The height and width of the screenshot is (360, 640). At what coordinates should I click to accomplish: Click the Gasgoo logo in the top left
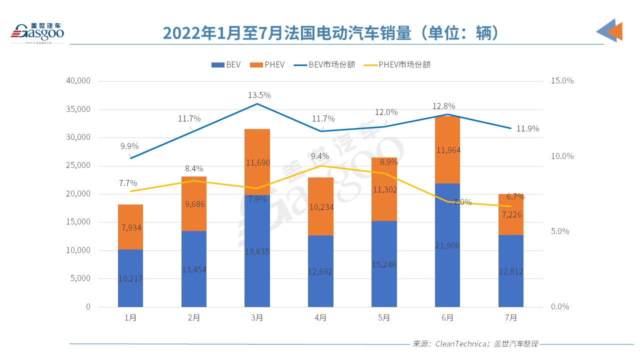(37, 32)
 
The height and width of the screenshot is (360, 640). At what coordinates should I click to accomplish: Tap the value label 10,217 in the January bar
(130, 278)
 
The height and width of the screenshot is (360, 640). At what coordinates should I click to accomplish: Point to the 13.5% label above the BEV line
(259, 95)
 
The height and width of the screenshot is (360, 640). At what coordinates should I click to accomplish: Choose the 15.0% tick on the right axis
(562, 81)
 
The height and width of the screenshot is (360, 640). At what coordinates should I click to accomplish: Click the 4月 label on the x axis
(320, 317)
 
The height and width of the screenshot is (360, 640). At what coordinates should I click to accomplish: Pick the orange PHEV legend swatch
(255, 64)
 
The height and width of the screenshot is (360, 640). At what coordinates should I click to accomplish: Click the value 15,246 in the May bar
(384, 264)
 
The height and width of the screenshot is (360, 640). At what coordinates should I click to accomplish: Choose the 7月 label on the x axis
(510, 317)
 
